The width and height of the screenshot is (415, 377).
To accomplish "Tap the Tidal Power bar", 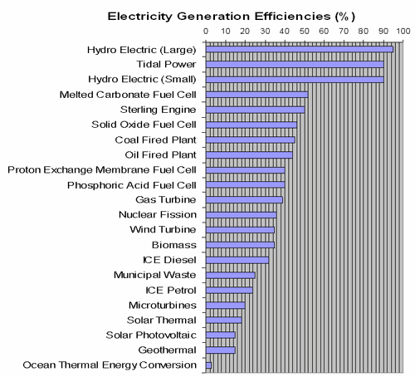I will coord(294,64).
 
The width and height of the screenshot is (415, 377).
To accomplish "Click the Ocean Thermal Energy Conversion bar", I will coord(208,365).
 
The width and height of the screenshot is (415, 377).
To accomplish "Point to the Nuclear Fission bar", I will coord(241,214).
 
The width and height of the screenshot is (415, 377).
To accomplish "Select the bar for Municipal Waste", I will coord(230,275).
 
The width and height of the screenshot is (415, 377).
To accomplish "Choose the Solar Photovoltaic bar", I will coord(220,335).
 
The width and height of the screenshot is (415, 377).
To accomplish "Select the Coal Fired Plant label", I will coord(155,140).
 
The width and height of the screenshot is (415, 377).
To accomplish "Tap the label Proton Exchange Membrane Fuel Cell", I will coord(101,169).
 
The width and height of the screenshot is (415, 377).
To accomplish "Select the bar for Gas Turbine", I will coord(244,199).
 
